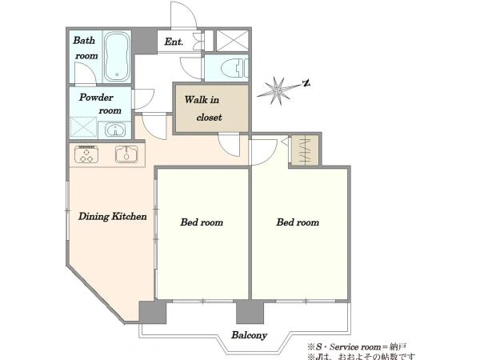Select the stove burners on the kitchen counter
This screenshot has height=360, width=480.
(x=86, y=154)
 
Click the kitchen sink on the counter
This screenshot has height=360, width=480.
(x=126, y=154)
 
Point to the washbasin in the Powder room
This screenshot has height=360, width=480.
(x=115, y=130)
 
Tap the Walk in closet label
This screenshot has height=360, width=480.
(x=202, y=108)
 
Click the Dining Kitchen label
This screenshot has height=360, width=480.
(x=112, y=217)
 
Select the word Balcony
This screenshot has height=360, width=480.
(x=249, y=335)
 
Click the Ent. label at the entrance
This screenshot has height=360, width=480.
(x=174, y=42)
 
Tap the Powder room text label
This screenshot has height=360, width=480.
(x=101, y=104)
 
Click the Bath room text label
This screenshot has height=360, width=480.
(x=86, y=48)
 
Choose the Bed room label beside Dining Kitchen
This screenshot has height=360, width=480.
(x=202, y=222)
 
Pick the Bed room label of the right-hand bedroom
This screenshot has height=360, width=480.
(x=298, y=222)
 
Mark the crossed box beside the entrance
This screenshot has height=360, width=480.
(x=232, y=41)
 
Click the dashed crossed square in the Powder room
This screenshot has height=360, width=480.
(x=83, y=126)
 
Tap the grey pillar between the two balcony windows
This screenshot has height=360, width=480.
(x=250, y=311)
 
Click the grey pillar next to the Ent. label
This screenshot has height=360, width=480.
(x=144, y=41)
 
